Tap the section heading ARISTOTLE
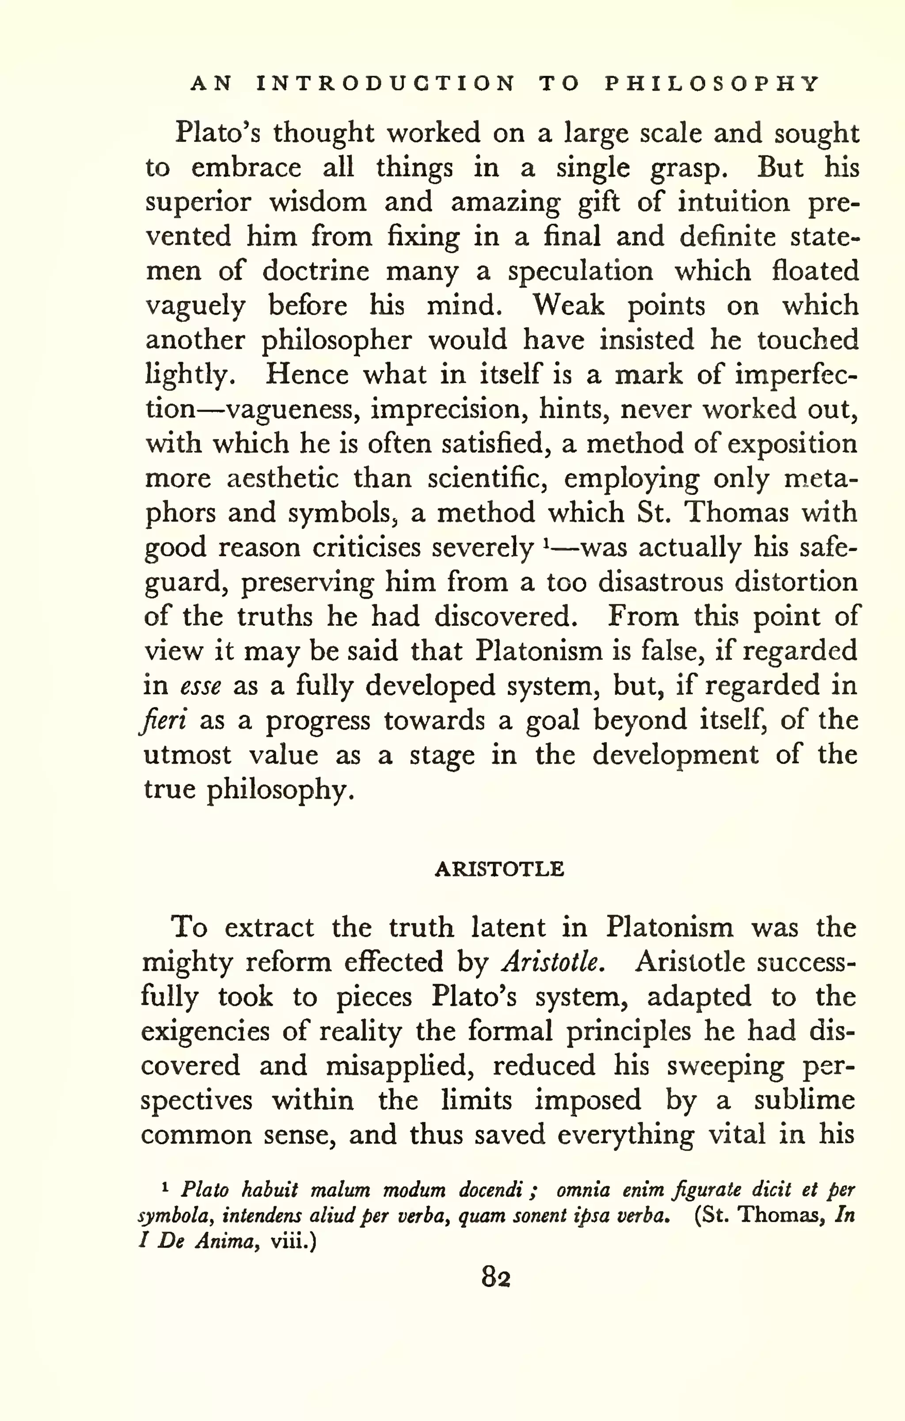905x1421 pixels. click(x=499, y=869)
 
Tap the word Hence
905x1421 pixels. click(x=307, y=375)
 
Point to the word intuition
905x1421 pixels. click(x=733, y=202)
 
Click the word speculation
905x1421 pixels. click(x=581, y=271)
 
